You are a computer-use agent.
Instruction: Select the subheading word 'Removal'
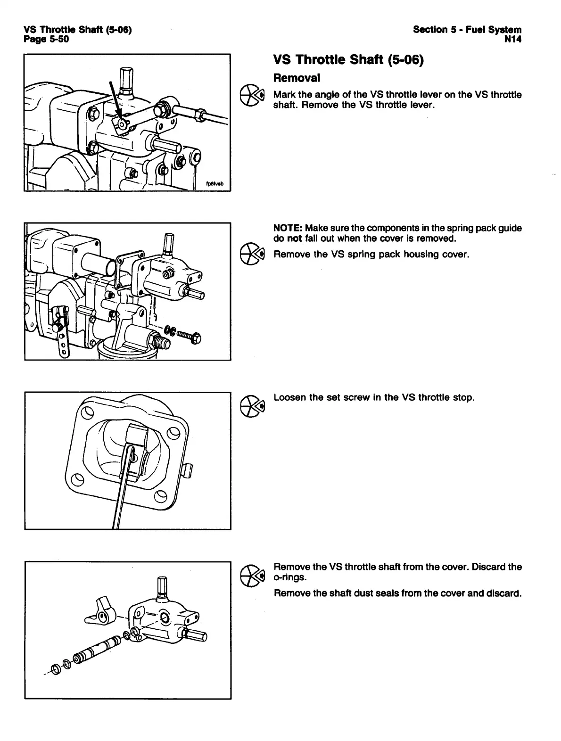(297, 78)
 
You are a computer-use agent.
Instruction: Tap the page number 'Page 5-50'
(46, 39)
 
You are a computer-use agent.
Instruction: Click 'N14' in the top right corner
(512, 39)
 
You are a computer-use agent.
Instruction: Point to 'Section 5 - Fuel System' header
(467, 30)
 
